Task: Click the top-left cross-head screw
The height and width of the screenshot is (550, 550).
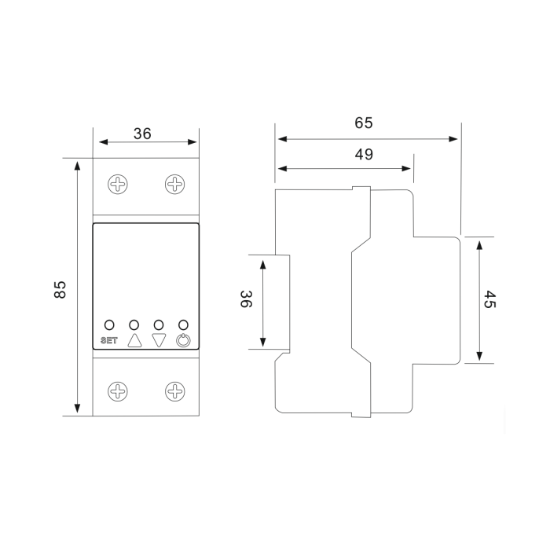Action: (x=118, y=184)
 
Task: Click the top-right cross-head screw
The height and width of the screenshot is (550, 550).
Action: (x=175, y=184)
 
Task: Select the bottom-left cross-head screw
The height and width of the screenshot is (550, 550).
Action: (x=118, y=391)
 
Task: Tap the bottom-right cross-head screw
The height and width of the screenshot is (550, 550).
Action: (x=175, y=391)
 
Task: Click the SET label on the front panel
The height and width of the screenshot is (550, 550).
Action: (x=109, y=340)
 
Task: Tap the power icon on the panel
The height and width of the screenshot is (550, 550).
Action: (x=183, y=340)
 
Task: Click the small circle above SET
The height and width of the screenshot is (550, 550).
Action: (x=109, y=324)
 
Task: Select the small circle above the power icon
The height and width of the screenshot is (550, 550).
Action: (x=183, y=324)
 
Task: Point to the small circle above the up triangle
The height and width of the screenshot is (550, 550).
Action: (x=134, y=324)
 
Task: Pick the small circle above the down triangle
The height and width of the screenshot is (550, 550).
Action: (x=159, y=324)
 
